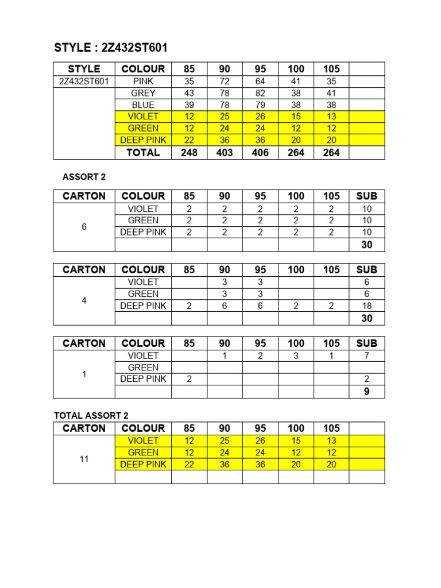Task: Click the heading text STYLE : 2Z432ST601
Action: [110, 48]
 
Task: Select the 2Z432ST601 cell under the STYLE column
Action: [84, 82]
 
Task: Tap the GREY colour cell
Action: [143, 93]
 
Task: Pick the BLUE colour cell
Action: [143, 105]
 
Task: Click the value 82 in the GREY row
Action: [260, 93]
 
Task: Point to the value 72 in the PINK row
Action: [225, 82]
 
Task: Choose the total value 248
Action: [189, 153]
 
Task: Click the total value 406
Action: [260, 153]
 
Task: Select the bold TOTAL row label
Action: [143, 153]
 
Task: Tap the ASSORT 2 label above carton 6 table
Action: [84, 177]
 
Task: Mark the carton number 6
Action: [84, 227]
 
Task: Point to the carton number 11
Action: [84, 459]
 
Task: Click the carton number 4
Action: [84, 300]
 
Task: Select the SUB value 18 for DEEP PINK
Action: [366, 306]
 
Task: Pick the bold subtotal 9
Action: [366, 392]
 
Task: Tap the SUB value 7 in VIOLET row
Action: [366, 355]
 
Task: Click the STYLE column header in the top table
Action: [84, 69]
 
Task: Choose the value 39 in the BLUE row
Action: [189, 105]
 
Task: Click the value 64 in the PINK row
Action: [260, 82]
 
